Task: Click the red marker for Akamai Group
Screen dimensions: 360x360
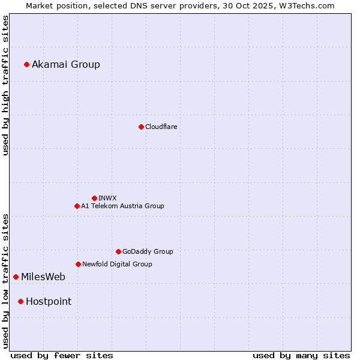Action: (x=26, y=64)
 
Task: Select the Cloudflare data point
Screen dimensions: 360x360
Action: (x=141, y=127)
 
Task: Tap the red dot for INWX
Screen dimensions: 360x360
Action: (x=94, y=198)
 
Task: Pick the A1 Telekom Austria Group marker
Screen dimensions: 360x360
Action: (x=77, y=206)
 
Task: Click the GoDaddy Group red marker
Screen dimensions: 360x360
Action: (x=118, y=251)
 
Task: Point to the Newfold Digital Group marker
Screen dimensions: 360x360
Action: (x=78, y=264)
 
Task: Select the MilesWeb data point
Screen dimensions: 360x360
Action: (x=16, y=277)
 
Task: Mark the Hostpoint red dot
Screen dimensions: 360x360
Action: (x=20, y=301)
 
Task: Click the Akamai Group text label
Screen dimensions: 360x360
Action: (x=66, y=64)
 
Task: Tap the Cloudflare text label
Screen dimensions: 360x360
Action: (x=161, y=127)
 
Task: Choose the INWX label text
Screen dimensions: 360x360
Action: (x=107, y=198)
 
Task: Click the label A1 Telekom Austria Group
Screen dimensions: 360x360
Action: (x=122, y=206)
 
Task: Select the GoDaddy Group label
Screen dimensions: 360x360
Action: (x=148, y=251)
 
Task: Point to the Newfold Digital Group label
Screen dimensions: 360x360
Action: (x=117, y=264)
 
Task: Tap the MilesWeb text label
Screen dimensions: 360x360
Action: (x=43, y=277)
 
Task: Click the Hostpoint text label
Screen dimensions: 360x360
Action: (x=49, y=301)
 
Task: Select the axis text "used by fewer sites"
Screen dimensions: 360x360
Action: (x=62, y=355)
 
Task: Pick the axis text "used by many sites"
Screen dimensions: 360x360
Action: (x=301, y=355)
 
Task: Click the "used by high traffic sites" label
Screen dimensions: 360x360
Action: (x=6, y=85)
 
